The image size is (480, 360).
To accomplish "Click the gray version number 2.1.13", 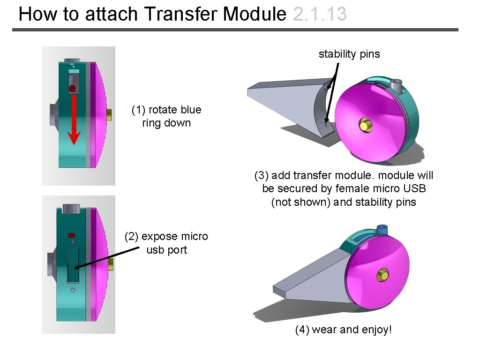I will tap(319, 14).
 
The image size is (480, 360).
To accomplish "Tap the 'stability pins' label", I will tap(349, 54).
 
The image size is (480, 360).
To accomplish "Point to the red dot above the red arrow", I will tap(72, 89).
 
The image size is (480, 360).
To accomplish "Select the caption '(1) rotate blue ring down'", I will tap(166, 116).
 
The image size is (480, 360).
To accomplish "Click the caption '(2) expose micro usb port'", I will tap(166, 243).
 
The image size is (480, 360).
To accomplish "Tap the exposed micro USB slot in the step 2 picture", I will tap(73, 266).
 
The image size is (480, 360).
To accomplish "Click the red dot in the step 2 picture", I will tap(72, 234).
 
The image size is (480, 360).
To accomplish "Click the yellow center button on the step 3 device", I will tap(364, 125).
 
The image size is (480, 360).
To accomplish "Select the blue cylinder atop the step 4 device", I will tap(382, 229).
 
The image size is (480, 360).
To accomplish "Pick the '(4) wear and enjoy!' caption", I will tap(343, 330).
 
